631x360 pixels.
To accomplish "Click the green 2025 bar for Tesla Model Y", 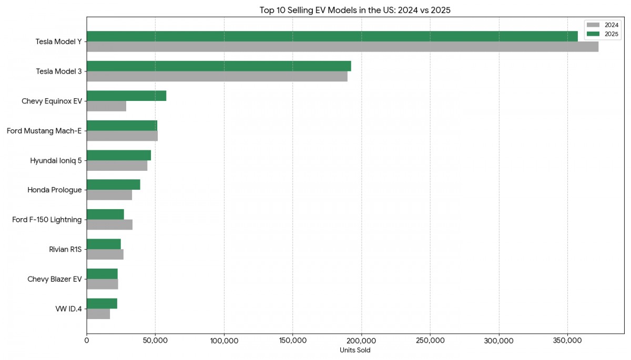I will coord(332,36).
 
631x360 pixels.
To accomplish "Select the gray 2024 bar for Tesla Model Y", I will coord(342,47).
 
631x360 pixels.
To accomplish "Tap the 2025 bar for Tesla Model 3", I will coord(219,66).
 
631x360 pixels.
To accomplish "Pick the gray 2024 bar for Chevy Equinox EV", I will coord(106,106).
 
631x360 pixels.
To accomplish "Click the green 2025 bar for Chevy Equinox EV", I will coord(126,96).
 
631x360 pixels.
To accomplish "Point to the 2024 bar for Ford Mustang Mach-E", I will coord(122,136).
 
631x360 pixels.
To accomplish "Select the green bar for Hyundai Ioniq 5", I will coord(119,155).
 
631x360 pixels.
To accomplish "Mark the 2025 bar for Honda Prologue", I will coord(113,184).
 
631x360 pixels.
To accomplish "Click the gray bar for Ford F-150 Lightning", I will coord(109,225).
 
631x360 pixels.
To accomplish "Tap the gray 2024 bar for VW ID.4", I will coord(98,314).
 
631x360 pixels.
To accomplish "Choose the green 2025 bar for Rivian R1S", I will coord(104,244).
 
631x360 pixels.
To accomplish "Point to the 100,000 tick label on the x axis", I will coord(224,341).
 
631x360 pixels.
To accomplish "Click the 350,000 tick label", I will coord(567,341).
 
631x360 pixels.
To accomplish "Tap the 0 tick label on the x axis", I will coord(87,341).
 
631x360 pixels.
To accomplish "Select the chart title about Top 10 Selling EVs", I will coord(355,10).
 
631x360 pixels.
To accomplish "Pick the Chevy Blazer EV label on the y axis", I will coord(54,279).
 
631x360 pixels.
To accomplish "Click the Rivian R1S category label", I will coord(65,249).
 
